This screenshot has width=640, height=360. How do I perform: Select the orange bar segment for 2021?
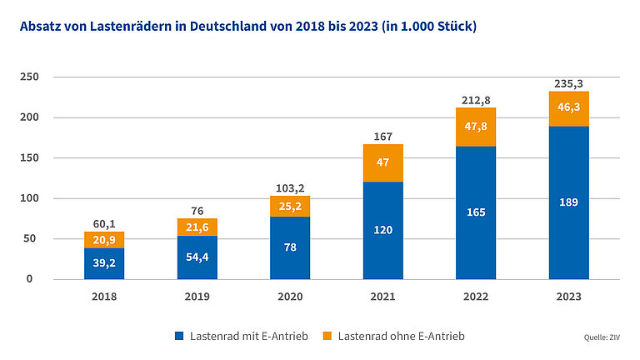tap(383, 163)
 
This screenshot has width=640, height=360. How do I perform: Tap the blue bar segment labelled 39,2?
tap(104, 263)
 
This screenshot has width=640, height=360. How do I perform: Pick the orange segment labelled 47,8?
tap(476, 127)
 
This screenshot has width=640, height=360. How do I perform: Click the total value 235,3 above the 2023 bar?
tap(569, 83)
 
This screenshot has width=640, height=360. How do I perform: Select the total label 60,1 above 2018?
tap(104, 224)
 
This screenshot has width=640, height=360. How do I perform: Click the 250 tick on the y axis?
tap(32, 77)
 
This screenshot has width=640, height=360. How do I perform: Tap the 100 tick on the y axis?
tap(32, 198)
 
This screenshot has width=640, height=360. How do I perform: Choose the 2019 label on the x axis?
tap(197, 297)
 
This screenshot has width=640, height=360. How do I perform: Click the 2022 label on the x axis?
tap(476, 297)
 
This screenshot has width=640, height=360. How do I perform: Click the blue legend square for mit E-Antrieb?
tap(179, 336)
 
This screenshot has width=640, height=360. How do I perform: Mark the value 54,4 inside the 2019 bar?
tap(197, 257)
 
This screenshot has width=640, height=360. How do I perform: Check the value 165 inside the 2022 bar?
tap(476, 212)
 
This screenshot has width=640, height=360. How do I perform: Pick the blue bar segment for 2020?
tap(290, 247)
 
